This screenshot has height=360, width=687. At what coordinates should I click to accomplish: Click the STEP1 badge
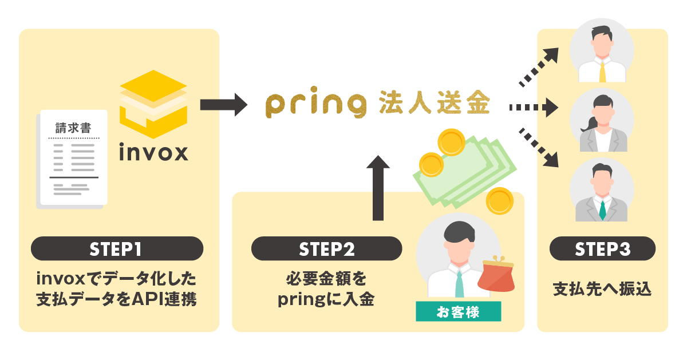coord(117,249)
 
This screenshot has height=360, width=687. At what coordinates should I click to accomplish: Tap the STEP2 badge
coord(327,249)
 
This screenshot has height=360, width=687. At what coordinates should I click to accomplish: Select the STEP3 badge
coord(602,249)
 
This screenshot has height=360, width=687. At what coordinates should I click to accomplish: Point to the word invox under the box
coord(153,153)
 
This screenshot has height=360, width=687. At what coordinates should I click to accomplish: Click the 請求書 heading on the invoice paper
coord(73,128)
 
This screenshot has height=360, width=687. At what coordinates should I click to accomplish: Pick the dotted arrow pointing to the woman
coord(533,106)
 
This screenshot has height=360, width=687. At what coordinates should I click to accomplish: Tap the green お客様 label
coord(458,312)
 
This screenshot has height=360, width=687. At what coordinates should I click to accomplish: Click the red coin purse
coord(495,276)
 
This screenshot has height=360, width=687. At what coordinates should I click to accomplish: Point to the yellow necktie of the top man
coord(603,71)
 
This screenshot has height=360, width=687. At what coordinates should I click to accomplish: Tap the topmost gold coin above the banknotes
coord(449,140)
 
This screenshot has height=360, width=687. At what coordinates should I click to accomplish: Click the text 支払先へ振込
coord(602,288)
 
